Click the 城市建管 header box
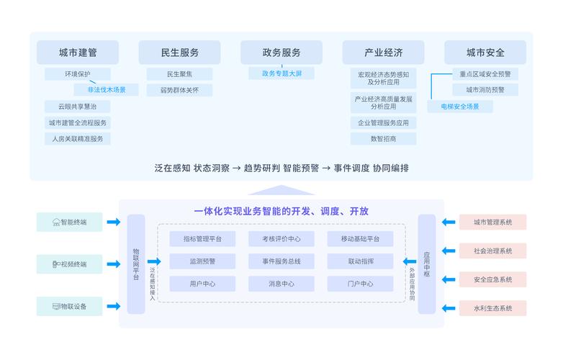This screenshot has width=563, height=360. point(78,53)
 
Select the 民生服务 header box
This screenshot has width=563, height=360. point(179,53)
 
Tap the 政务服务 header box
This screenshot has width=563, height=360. point(281,53)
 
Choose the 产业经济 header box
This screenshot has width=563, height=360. point(383,53)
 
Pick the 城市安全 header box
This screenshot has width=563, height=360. point(485,53)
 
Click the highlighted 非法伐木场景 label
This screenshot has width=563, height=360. point(107,90)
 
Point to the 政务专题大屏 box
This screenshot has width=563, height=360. point(281,73)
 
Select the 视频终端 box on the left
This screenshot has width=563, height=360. point(70,264)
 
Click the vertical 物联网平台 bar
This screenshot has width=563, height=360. point(136,264)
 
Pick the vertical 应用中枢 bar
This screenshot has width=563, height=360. point(426,264)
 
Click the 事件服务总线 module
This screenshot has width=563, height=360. point(281,261)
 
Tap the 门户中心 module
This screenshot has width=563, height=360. point(360,284)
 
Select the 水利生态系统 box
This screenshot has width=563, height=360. point(493,309)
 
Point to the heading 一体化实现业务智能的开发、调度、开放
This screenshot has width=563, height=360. point(281,212)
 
